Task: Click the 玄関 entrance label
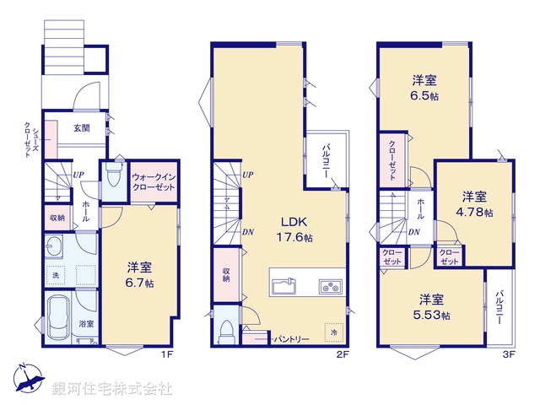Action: tap(82, 128)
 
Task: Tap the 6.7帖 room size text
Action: tap(140, 283)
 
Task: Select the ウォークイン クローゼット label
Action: tap(154, 181)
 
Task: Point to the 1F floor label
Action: tap(166, 354)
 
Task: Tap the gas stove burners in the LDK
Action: tap(330, 287)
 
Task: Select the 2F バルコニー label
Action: tap(325, 159)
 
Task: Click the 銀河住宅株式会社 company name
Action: tap(113, 389)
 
